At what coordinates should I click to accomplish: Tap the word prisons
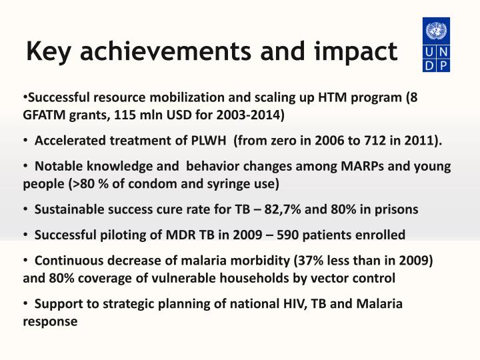(397, 209)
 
